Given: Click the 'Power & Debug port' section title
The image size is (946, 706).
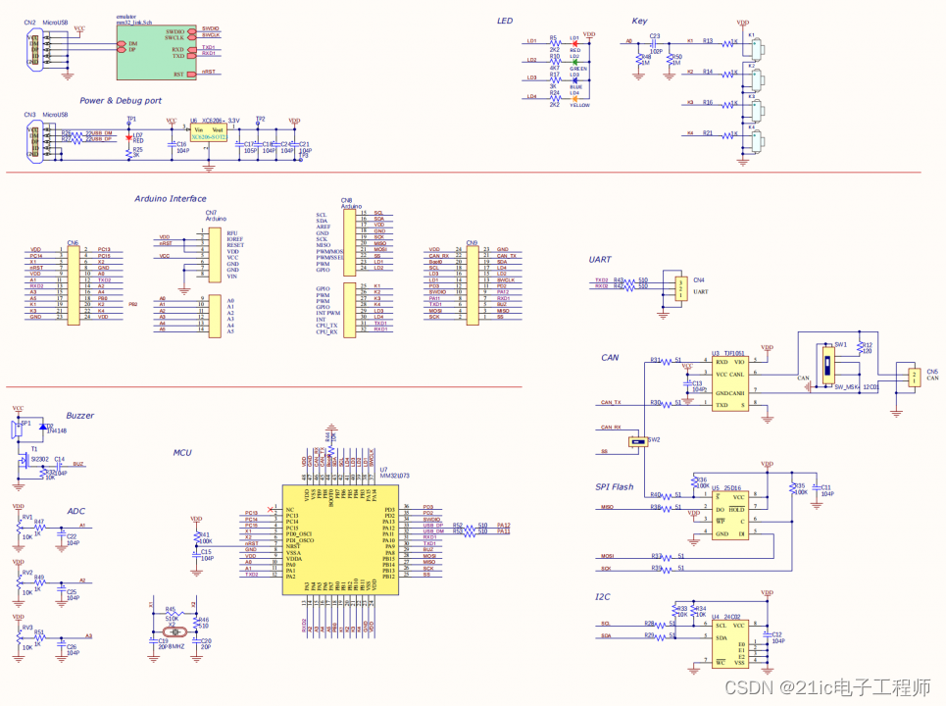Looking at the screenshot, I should click(x=121, y=100).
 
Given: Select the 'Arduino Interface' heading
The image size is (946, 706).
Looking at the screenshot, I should click(x=171, y=199).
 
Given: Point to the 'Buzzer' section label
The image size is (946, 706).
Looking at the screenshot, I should click(x=80, y=416).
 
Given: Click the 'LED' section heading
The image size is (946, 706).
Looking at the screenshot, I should click(x=504, y=21).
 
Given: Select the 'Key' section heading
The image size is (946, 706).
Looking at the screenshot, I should click(x=639, y=21).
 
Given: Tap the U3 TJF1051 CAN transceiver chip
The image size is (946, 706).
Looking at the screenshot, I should click(x=729, y=383).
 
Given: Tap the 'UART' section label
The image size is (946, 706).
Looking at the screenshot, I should click(x=600, y=260).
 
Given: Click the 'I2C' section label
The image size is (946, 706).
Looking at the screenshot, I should click(x=603, y=596).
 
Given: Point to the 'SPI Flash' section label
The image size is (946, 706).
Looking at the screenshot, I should click(x=615, y=486).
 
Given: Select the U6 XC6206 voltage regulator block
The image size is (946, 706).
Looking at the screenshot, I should click(x=209, y=133).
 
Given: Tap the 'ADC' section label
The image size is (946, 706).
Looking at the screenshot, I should click(x=76, y=511).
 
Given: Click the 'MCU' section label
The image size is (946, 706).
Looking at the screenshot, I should click(x=182, y=452).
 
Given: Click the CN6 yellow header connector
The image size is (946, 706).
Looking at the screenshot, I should click(x=74, y=284).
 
